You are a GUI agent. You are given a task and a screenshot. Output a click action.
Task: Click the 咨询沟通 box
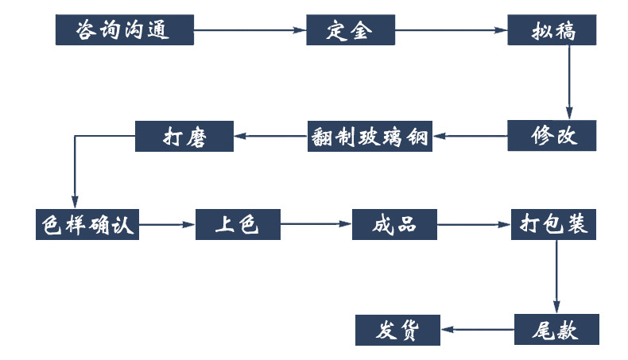click(125, 30)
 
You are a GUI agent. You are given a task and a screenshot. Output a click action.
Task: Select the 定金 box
click(351, 30)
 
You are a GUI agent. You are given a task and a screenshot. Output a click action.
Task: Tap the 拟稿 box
click(552, 30)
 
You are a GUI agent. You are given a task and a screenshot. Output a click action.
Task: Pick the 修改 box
click(552, 136)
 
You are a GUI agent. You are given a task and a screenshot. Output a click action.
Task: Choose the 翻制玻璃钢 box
click(370, 136)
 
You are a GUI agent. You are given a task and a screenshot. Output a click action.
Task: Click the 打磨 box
click(184, 136)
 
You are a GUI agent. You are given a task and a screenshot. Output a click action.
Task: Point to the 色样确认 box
click(87, 224)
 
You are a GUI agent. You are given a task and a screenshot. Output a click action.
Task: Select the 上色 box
click(238, 224)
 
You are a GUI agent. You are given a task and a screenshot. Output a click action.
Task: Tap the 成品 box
click(394, 224)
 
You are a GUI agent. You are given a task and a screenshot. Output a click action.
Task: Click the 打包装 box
click(553, 224)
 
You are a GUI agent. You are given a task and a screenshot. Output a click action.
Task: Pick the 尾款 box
click(556, 330)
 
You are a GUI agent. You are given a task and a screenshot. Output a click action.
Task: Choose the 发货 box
click(397, 330)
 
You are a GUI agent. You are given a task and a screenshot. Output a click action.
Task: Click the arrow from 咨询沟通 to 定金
click(250, 30)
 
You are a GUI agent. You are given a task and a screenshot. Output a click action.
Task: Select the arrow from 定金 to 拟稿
click(451, 30)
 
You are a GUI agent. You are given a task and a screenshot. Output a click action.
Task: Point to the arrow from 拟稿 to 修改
click(569, 83)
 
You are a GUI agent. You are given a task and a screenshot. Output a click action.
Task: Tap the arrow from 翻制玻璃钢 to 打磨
click(270, 136)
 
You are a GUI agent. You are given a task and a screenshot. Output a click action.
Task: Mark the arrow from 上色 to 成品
click(316, 224)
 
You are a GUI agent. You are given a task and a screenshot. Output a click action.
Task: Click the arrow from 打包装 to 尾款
click(556, 277)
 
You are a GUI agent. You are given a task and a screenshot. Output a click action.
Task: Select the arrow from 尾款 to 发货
click(477, 330)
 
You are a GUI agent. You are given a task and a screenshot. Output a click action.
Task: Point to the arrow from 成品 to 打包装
click(474, 225)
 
